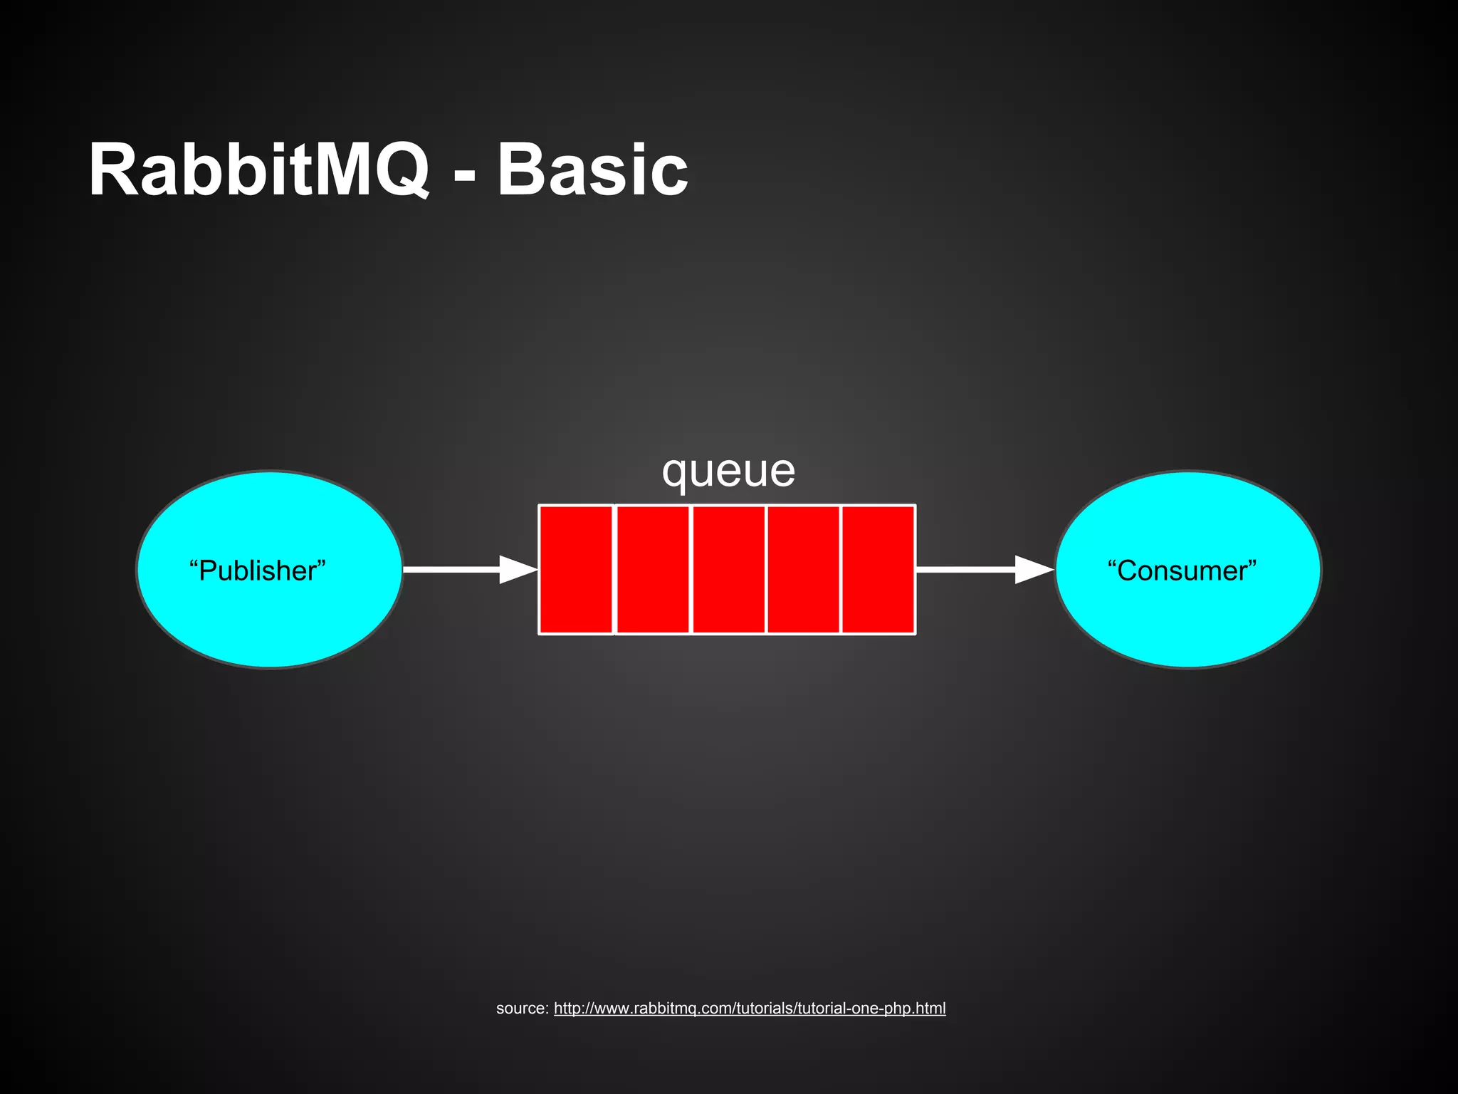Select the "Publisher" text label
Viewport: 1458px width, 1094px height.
[x=257, y=571]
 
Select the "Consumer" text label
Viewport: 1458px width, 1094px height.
[x=1182, y=571]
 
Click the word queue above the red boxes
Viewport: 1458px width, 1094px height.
[x=728, y=471]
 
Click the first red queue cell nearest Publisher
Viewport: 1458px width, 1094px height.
[x=576, y=569]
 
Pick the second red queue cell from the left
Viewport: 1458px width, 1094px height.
[x=652, y=569]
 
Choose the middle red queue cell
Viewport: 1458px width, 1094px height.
[x=728, y=569]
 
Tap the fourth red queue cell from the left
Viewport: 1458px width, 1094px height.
[x=803, y=569]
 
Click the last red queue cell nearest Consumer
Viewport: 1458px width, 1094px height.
[x=878, y=569]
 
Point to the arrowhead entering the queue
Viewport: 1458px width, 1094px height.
[x=518, y=569]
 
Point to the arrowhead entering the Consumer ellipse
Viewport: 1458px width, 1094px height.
[x=1034, y=569]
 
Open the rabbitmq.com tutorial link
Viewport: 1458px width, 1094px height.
[x=749, y=1009]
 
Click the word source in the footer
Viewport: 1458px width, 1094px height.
[x=520, y=1009]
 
